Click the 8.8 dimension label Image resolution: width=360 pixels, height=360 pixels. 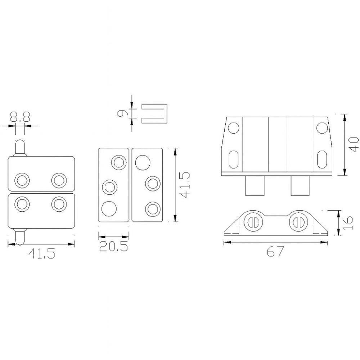coord(20,117)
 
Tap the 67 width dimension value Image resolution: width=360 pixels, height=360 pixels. coord(275,251)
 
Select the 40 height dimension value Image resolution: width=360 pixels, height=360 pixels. coord(354,144)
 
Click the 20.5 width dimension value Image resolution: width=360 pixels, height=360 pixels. coord(113,246)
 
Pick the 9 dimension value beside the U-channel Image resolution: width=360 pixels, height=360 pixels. coord(122,113)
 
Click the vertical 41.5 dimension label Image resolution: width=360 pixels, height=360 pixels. coord(185,185)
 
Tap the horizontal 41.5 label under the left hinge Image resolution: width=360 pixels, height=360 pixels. coord(41,253)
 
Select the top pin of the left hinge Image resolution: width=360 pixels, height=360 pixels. coord(20,148)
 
